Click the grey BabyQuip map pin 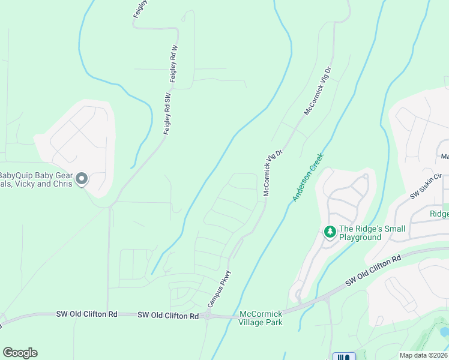(83, 179)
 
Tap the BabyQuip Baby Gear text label (36, 175)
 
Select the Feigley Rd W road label (173, 64)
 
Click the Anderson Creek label (309, 177)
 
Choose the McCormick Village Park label (261, 318)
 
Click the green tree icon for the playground (330, 231)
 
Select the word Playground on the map (361, 237)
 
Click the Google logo (20, 353)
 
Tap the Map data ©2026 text (423, 355)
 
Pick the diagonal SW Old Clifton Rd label (373, 272)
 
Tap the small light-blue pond (444, 331)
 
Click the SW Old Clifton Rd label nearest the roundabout (168, 316)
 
